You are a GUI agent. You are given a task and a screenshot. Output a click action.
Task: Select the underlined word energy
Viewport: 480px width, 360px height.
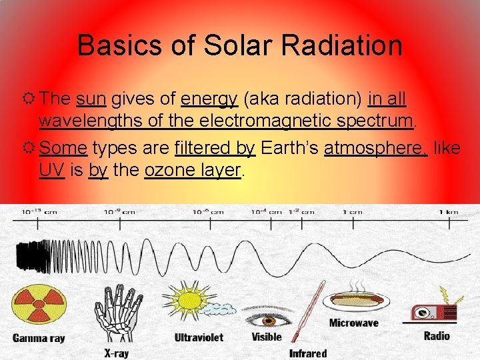point(209,100)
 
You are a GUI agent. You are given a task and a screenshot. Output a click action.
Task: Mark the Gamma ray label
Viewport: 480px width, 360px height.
point(39,338)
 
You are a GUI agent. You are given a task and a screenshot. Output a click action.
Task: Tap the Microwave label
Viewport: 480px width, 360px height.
point(353,323)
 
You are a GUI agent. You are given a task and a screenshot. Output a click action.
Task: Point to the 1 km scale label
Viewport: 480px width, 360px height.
point(448,211)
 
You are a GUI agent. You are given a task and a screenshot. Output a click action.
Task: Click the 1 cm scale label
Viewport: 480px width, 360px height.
point(352,211)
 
